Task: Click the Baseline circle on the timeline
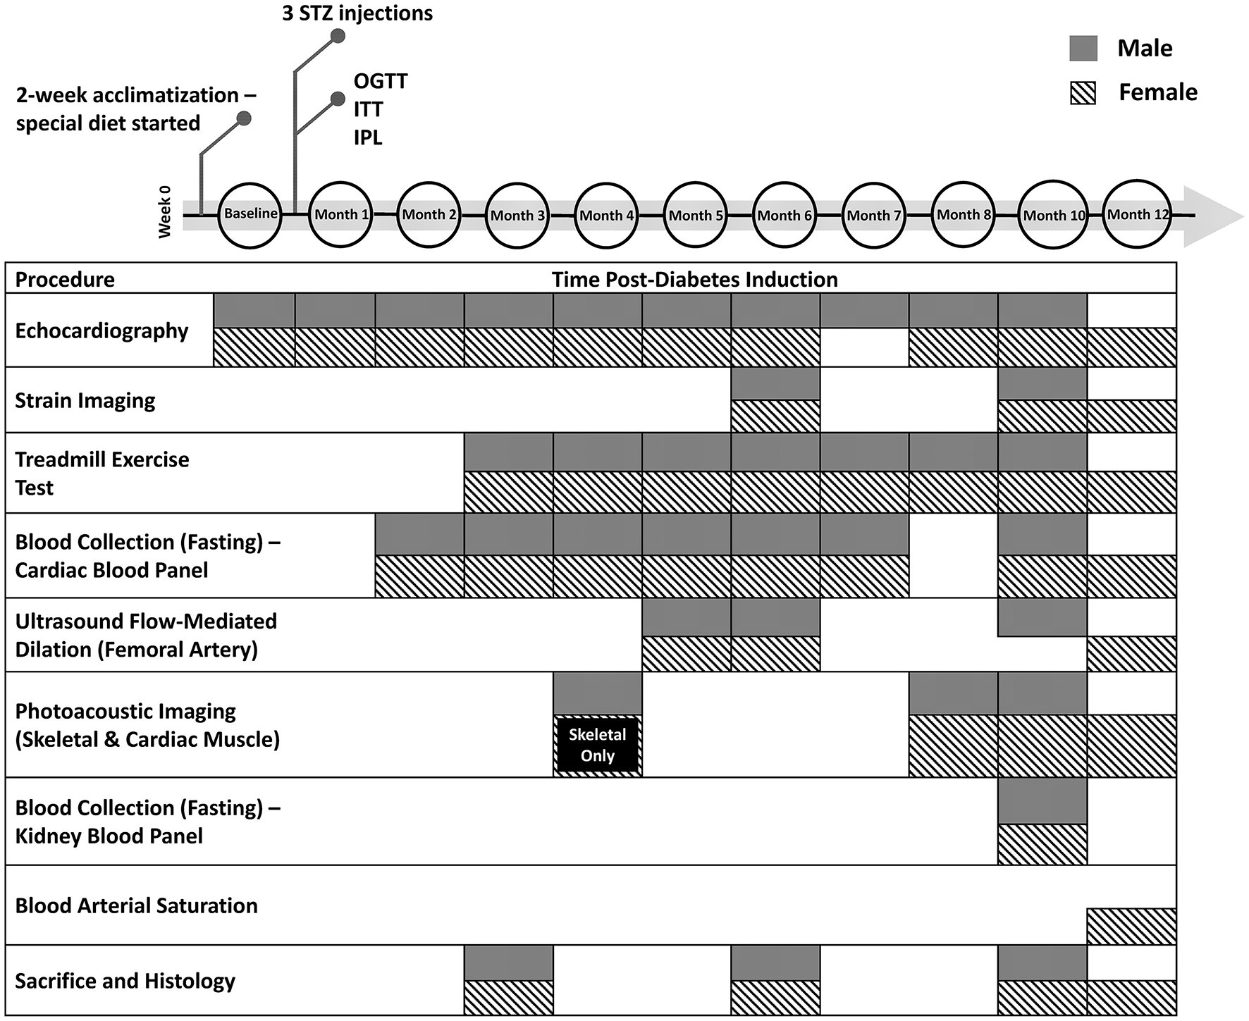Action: point(250,214)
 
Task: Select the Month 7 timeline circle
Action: point(873,215)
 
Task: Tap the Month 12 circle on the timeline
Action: point(1136,214)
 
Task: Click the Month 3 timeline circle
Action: point(517,215)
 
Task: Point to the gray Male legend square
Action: point(1083,48)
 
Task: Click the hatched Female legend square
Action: point(1083,92)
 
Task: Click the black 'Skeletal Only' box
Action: point(598,745)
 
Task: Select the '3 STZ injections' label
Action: point(357,13)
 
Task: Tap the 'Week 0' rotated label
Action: point(165,211)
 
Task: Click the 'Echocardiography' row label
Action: point(101,330)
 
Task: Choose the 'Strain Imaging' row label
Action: point(85,400)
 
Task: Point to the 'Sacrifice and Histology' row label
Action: point(125,981)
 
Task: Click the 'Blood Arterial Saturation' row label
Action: point(136,905)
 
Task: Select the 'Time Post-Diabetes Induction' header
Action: point(694,279)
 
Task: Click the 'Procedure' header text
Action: point(65,279)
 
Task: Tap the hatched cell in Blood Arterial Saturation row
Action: point(1131,927)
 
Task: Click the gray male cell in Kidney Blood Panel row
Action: point(1042,801)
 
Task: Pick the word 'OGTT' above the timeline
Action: point(381,81)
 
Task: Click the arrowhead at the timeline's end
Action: point(1216,216)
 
